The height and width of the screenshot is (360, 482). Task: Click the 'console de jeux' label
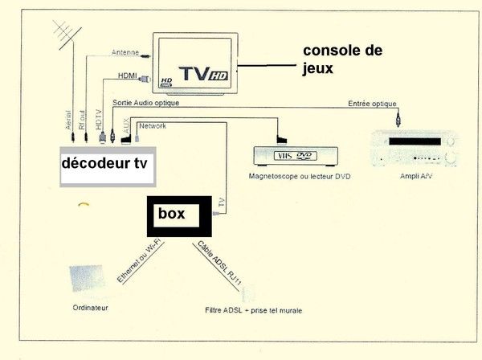tap(341, 59)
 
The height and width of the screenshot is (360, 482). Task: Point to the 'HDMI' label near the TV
tap(129, 76)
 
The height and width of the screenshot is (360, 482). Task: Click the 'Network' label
tap(153, 126)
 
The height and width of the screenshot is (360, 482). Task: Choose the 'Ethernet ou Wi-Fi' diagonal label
tap(138, 261)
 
